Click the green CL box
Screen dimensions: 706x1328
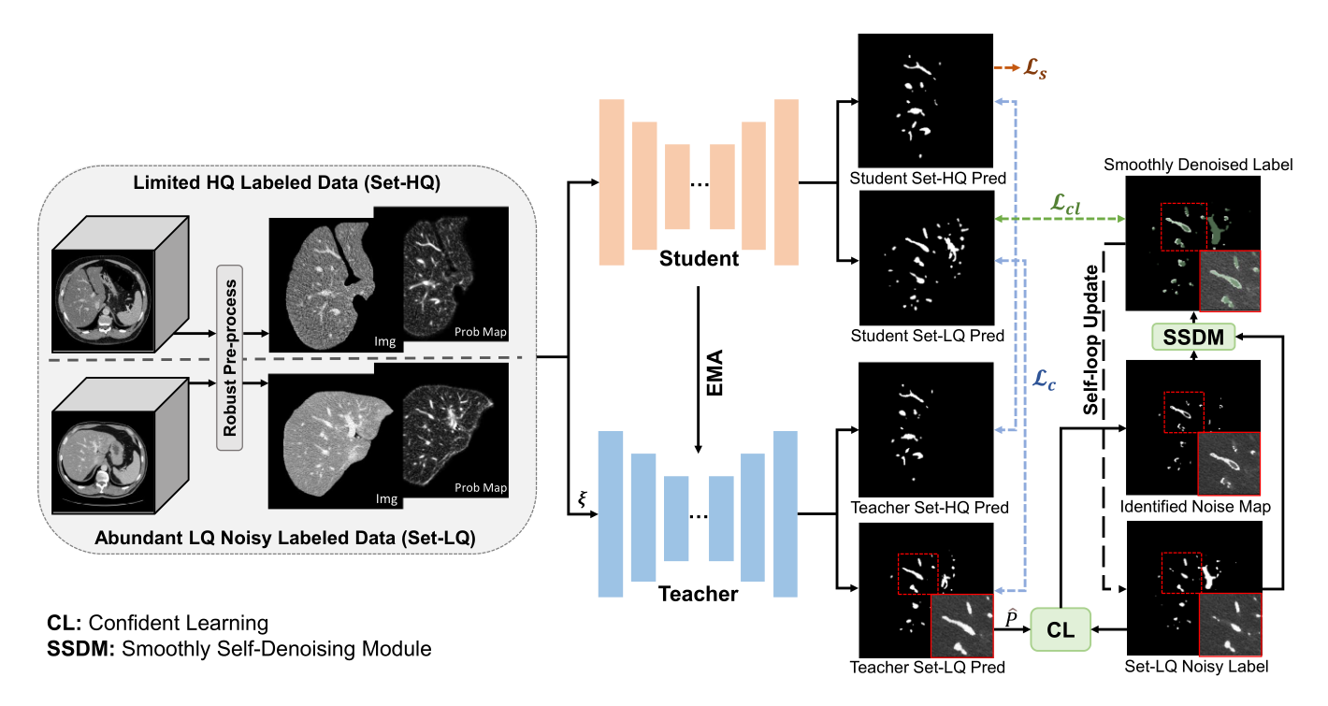[x=1061, y=627]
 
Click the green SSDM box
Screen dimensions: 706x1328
[x=1192, y=336]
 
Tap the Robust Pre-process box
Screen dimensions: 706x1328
[x=229, y=356]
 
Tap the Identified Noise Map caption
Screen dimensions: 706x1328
[x=1194, y=507]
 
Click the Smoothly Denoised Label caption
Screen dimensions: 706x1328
[x=1198, y=164]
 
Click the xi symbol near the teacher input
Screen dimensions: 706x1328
[x=582, y=498]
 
